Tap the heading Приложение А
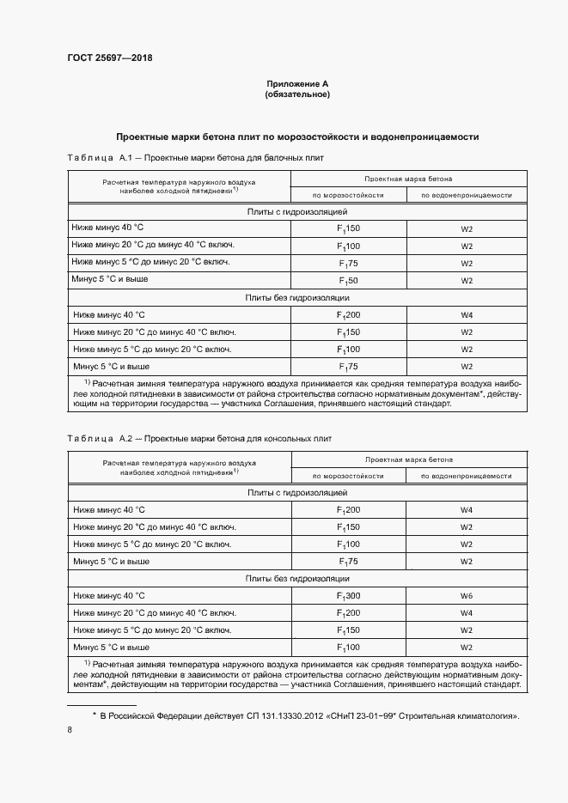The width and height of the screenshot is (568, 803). (297, 83)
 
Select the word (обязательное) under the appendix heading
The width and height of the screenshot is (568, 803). (297, 94)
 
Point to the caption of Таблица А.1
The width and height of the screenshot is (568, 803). (195, 159)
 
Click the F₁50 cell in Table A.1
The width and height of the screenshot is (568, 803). (348, 281)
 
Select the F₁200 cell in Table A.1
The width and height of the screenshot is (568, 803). (348, 315)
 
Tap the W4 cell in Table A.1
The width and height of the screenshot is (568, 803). (467, 315)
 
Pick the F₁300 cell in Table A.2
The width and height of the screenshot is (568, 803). (348, 595)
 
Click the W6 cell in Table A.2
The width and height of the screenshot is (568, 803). (467, 595)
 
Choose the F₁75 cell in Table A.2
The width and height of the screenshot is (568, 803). (348, 561)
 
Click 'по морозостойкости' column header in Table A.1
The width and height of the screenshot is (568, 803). (348, 195)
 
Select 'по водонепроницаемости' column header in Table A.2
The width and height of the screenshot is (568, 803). (467, 475)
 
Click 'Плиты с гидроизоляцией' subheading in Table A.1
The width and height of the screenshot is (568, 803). (297, 210)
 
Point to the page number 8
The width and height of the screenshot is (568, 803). (70, 730)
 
